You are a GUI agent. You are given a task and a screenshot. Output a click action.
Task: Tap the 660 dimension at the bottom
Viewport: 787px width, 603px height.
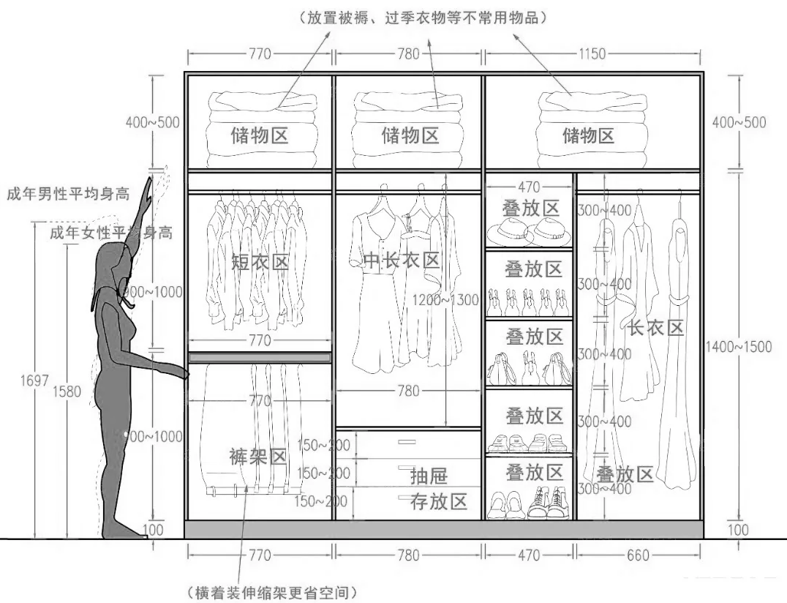click(638, 555)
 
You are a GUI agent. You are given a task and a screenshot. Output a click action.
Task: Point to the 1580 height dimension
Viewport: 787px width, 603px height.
click(67, 392)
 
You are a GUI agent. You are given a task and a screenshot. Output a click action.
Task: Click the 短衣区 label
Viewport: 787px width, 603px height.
click(260, 262)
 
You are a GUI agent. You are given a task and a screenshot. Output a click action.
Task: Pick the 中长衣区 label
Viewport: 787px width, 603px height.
click(400, 260)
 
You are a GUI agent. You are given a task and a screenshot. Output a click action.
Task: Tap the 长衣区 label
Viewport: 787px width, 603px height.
click(655, 328)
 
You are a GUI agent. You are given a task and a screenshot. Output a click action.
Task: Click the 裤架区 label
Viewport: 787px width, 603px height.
click(257, 457)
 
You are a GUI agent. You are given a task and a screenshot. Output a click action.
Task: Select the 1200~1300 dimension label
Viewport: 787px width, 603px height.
click(445, 299)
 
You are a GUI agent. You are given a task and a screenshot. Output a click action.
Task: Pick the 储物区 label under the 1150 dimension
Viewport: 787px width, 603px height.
click(588, 135)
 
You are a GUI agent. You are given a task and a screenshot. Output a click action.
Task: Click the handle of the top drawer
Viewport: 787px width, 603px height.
click(406, 442)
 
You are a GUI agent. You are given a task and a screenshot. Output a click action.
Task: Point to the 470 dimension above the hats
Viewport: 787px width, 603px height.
click(530, 188)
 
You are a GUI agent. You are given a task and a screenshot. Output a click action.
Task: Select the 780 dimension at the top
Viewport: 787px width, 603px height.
click(407, 54)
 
